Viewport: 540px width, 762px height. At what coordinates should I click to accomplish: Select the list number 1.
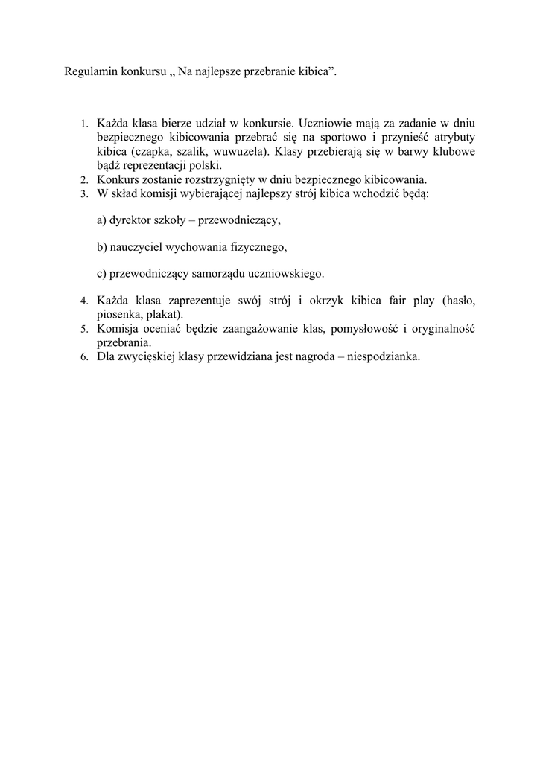coord(84,124)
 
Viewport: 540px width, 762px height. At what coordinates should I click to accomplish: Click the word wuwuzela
coord(244,151)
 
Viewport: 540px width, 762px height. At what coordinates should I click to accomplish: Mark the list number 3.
coord(84,193)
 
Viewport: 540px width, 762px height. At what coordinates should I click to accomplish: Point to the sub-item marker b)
coord(102,247)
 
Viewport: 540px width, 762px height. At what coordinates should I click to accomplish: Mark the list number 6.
coord(84,356)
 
